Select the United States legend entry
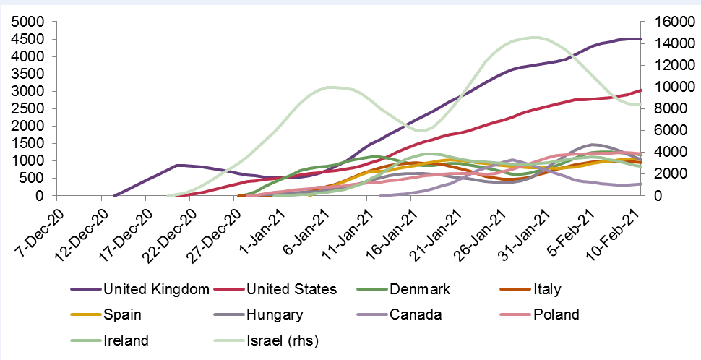tap(291, 290)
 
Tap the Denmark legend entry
tap(419, 290)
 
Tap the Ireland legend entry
tap(126, 339)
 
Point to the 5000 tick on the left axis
tap(27, 22)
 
